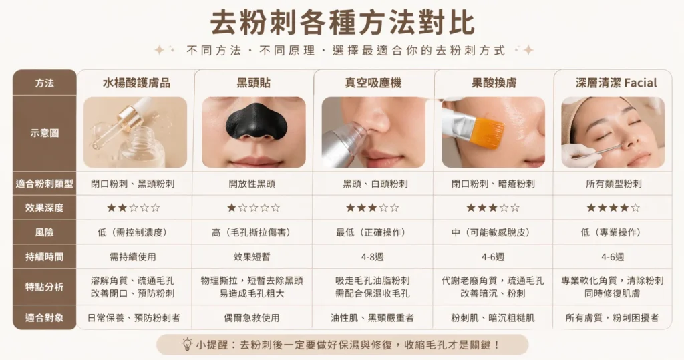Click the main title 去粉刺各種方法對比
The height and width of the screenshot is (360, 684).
342,22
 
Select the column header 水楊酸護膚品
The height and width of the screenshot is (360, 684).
136,83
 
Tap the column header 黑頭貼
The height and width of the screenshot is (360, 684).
254,83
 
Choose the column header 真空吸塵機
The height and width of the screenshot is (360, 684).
373,83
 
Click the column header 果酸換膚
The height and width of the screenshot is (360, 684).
494,83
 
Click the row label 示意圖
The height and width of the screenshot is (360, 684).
45,133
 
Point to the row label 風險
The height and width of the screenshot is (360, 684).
45,232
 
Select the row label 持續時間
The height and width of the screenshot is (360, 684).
45,256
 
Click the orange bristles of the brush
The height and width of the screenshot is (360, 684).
486,132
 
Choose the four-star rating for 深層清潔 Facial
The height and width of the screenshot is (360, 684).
613,208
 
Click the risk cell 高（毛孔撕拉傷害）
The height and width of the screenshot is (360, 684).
254,232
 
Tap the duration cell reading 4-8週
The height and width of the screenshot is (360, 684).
373,256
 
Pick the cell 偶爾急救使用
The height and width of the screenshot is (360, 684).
254,318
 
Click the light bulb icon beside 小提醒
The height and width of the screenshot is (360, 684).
187,344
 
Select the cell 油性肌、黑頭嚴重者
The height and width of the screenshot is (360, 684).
373,318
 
